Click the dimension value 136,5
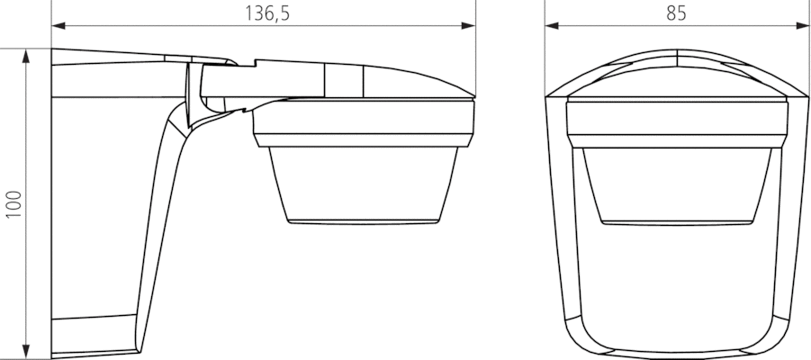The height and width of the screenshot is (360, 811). coord(267,13)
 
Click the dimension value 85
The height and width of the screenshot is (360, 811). coord(676,13)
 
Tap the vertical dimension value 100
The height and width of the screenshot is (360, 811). coord(14,204)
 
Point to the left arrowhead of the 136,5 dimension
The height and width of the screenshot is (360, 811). coord(59,26)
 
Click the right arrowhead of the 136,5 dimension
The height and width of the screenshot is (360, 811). coord(468,26)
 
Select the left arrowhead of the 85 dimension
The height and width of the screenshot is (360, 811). coord(552,26)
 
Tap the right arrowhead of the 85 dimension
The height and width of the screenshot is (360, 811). coord(802,26)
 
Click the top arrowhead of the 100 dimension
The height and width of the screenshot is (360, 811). coord(26,57)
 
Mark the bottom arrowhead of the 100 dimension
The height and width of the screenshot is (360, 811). coord(26,351)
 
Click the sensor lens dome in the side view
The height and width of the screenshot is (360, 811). coord(364,184)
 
